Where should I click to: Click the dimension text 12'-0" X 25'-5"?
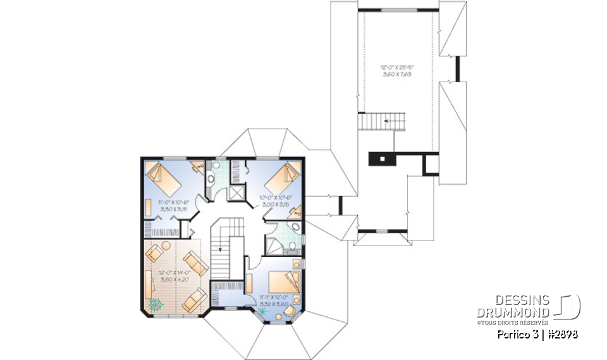(x=398, y=67)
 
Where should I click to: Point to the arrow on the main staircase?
(x=221, y=249)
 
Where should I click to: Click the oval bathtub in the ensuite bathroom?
(x=295, y=228)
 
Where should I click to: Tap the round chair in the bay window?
(x=288, y=311)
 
